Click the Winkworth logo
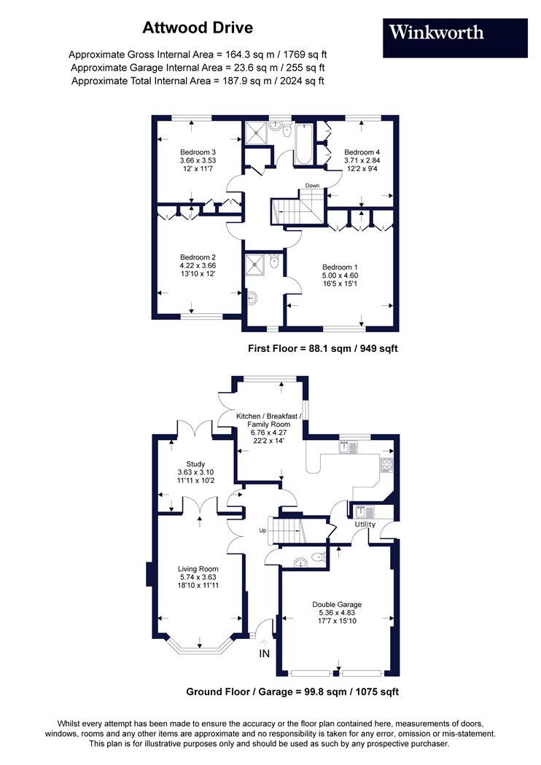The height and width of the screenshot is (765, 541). (x=455, y=38)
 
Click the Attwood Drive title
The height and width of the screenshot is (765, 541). (x=198, y=28)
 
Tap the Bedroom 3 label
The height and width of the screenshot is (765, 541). (x=198, y=152)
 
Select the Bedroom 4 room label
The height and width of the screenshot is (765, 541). (x=362, y=152)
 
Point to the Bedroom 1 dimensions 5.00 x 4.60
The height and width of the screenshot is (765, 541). (x=340, y=275)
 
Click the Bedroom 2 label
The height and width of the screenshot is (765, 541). (x=198, y=257)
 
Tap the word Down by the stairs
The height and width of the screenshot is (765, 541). (x=313, y=185)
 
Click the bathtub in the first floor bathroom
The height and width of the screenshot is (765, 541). (x=303, y=144)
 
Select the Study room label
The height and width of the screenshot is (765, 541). (x=195, y=464)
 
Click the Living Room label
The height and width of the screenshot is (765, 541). (x=198, y=569)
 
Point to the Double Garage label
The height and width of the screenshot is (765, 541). (x=337, y=605)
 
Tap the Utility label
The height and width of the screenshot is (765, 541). (x=365, y=525)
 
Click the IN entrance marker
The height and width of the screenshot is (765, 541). (x=264, y=654)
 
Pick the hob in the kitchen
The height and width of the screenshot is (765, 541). (x=386, y=465)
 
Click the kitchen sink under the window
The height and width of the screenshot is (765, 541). (x=348, y=446)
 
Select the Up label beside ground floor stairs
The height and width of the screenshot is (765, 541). (x=262, y=530)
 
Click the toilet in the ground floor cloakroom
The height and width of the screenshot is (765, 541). (x=319, y=557)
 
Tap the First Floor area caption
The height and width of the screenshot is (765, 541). (x=323, y=348)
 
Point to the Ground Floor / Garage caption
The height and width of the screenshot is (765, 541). (x=292, y=691)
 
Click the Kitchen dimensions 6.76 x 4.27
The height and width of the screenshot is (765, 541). (x=268, y=432)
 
